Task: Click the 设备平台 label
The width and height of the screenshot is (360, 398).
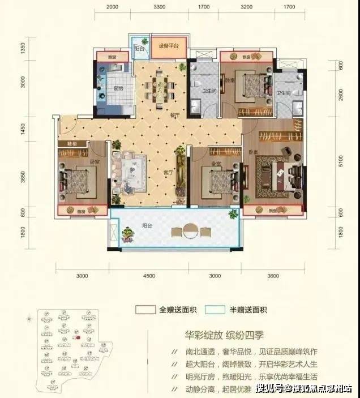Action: click(x=168, y=46)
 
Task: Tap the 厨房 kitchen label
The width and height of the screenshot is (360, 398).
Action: click(x=118, y=88)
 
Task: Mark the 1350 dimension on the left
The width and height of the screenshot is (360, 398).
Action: click(x=23, y=48)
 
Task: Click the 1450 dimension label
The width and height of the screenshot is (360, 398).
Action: click(x=23, y=130)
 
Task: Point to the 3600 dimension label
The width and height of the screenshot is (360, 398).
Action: click(x=273, y=276)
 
